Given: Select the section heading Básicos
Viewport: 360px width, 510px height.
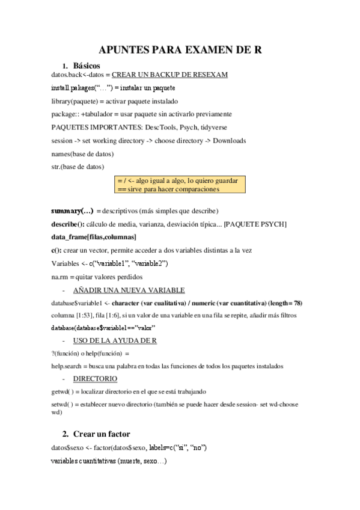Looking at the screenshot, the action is (87, 65).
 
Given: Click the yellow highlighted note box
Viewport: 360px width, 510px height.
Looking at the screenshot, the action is (180, 185).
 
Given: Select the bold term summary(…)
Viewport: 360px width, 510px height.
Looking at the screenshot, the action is (72, 211).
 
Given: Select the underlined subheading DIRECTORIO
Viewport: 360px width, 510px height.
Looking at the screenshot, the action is (96, 379).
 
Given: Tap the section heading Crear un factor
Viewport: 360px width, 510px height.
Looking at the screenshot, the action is (106, 434).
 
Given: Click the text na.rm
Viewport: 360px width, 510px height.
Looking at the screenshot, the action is (61, 277).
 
